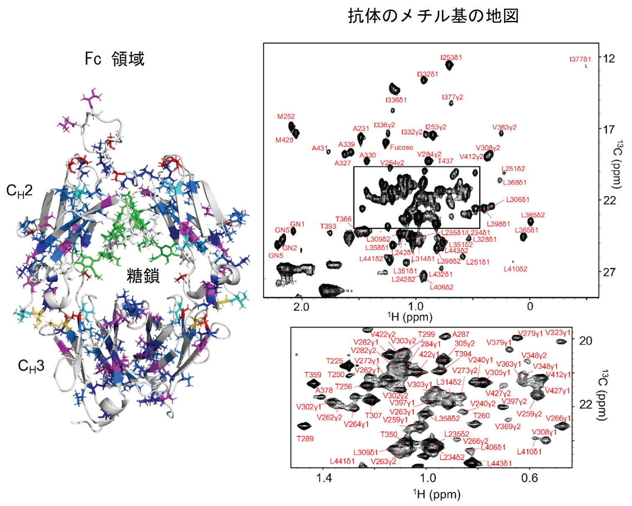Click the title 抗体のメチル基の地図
tap(433, 16)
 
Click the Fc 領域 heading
tap(115, 59)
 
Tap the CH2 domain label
tap(19, 191)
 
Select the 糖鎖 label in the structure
tap(143, 276)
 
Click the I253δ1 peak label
tap(451, 58)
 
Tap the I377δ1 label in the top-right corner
tap(580, 59)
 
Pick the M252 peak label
tap(286, 117)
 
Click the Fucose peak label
tap(401, 147)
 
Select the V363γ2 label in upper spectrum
tap(504, 128)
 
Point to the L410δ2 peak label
tap(515, 269)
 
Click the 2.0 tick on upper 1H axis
tap(301, 307)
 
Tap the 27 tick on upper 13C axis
tap(609, 272)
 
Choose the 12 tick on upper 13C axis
tap(609, 59)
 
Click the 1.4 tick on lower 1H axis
tap(324, 478)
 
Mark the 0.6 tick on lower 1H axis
tap(530, 478)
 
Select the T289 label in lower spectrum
tap(305, 439)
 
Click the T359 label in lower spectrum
tap(312, 375)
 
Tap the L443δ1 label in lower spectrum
tap(499, 463)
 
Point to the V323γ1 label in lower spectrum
tap(558, 333)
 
